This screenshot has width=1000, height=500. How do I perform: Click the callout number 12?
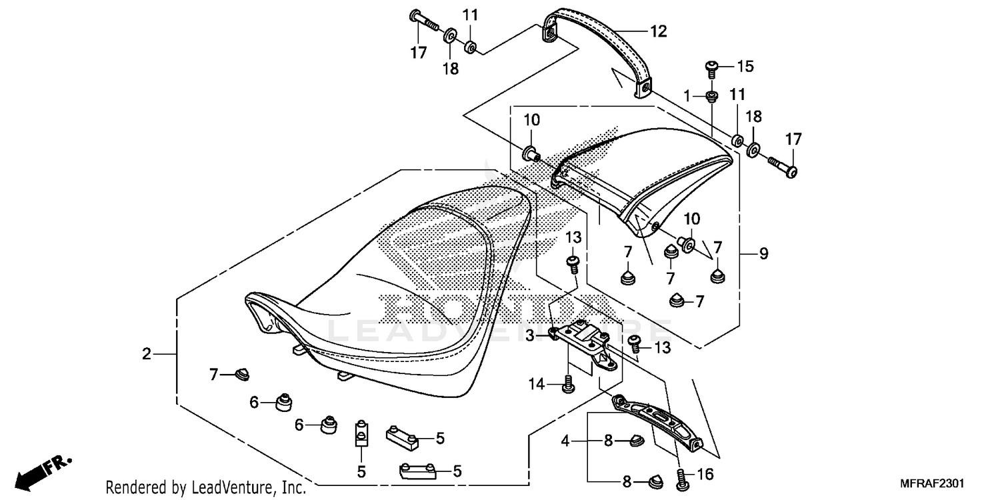coord(658,31)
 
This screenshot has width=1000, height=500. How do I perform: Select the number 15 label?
coord(744,66)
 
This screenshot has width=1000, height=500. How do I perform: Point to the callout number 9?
coord(763,253)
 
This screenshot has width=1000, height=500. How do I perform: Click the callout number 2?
coord(147,354)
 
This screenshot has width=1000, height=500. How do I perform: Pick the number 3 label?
coord(530,336)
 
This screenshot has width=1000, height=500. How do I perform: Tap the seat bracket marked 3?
coord(584,337)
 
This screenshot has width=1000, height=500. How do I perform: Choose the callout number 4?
coord(565,441)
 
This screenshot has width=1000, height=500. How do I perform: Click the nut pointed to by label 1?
coord(711,97)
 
